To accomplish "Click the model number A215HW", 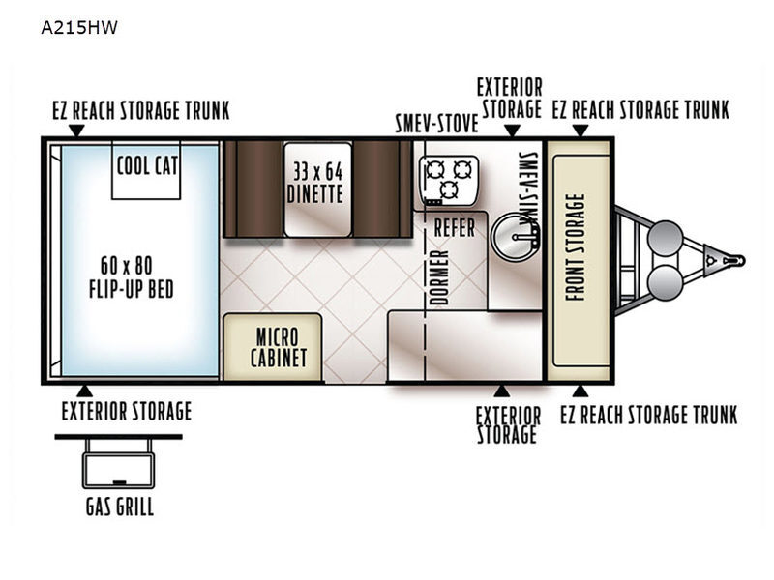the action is tap(79, 28).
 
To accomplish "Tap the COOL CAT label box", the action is tap(146, 170).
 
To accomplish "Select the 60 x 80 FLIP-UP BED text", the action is tap(132, 277).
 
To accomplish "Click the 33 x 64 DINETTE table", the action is tap(317, 189).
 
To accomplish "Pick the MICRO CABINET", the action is tap(273, 347).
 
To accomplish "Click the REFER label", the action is tap(454, 228).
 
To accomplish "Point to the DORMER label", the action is tap(438, 277).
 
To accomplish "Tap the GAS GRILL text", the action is tap(120, 507).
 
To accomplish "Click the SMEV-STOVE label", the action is tap(437, 124).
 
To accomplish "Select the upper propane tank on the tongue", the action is tap(665, 238).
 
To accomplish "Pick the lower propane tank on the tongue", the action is tap(665, 282).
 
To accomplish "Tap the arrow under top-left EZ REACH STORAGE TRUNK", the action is tap(76, 130).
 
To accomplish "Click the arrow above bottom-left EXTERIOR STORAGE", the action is tap(84, 391).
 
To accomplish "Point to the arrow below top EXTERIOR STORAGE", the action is tap(513, 130).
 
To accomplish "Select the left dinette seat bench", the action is tap(253, 189).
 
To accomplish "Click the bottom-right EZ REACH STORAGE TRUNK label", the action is tap(648, 415).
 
